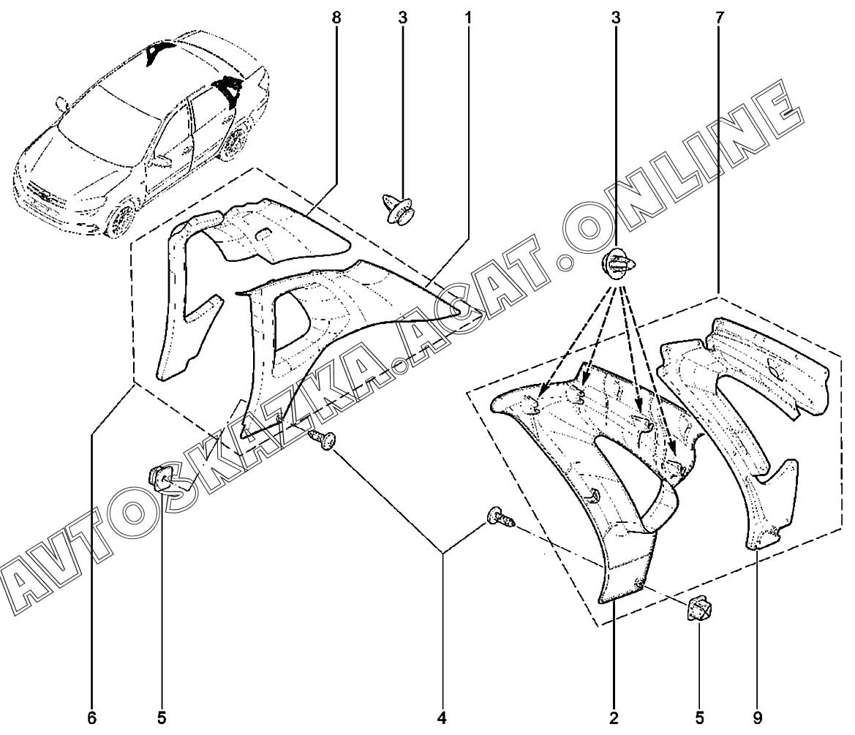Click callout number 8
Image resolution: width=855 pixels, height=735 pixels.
[x=336, y=18]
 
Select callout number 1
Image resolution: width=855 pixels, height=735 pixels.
[x=467, y=18]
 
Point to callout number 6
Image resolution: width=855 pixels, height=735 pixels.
[x=91, y=717]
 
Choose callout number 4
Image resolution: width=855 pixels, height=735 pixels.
[x=442, y=717]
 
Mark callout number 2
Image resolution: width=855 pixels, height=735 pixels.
[x=613, y=717]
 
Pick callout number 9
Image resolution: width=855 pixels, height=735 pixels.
[x=756, y=717]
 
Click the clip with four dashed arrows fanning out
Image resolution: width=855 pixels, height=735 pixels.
[x=619, y=264]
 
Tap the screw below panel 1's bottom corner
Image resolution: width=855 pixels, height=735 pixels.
[x=323, y=440]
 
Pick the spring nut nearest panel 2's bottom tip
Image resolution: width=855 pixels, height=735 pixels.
[x=698, y=608]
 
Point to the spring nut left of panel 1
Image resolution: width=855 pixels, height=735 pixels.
[x=163, y=478]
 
